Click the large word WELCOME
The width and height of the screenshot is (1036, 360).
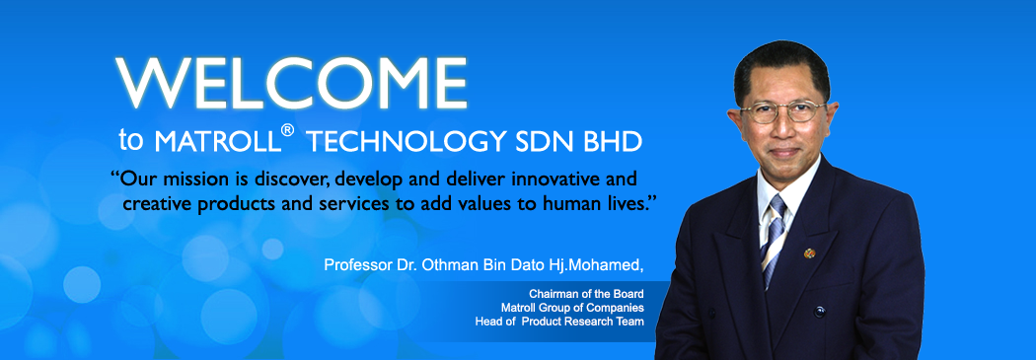(x=291, y=83)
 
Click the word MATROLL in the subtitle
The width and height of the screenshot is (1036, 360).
(x=217, y=142)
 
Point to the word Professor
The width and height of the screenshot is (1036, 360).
(x=355, y=265)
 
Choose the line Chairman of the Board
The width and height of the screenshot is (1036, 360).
(x=587, y=293)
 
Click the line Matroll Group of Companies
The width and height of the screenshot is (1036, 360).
(x=572, y=308)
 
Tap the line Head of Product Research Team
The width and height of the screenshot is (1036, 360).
(x=559, y=322)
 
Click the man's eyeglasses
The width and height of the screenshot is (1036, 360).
(x=783, y=111)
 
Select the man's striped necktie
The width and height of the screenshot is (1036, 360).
(x=773, y=239)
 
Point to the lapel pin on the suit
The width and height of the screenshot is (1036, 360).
(x=809, y=253)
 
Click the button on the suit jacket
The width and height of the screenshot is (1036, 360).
(x=819, y=311)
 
